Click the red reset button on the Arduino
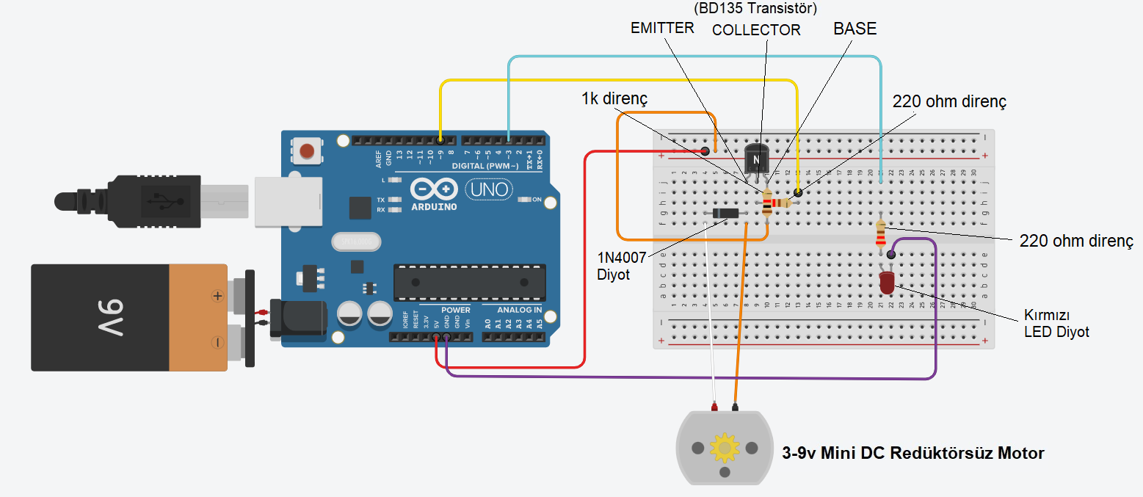308,152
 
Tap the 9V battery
139,317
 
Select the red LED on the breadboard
886,281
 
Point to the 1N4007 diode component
725,214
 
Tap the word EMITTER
662,28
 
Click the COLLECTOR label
756,30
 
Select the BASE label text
854,29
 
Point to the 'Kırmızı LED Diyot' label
1056,324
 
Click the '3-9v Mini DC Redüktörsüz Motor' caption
912,453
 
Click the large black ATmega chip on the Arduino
469,283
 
